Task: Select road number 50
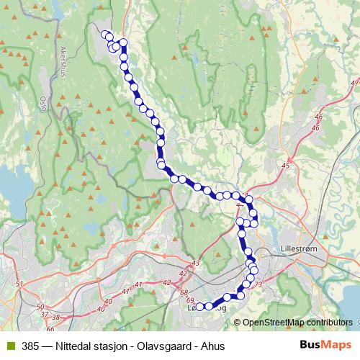(39, 307)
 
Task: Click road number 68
(183, 292)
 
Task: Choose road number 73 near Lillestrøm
(259, 286)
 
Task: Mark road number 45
(286, 166)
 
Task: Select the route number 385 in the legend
(31, 346)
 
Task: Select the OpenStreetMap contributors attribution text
(296, 322)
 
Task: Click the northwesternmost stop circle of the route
(106, 35)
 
